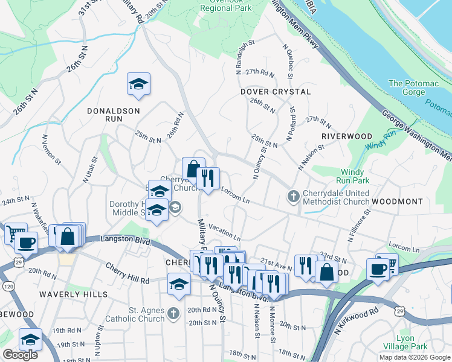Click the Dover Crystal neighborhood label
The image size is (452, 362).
point(275,92)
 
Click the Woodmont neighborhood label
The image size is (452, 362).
point(396,200)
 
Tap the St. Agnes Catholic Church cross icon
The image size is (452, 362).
point(174,313)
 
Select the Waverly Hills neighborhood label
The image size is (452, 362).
point(73,294)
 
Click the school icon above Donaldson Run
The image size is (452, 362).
point(138,84)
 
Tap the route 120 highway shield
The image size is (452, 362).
point(7,286)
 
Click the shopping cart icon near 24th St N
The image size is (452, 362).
point(16,232)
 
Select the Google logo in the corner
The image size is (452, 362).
point(19,355)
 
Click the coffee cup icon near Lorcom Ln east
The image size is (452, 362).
point(378,268)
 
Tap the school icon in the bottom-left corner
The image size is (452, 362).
point(30,339)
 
